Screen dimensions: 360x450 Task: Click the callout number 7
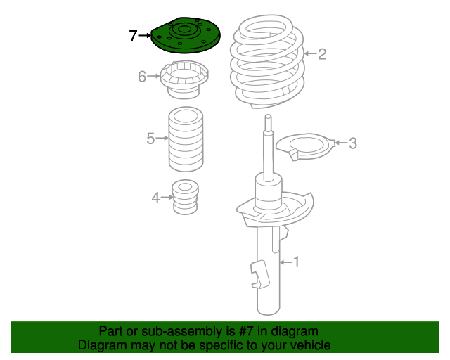coord(134,35)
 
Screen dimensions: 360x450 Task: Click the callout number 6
coord(142,76)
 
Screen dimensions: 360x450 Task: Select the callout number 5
coord(150,139)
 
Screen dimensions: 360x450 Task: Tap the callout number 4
coord(155,198)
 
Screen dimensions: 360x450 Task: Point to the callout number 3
coord(352,144)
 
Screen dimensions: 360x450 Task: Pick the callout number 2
coord(322,54)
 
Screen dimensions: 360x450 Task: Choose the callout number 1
coord(296,262)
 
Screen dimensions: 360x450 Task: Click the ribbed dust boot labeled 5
coord(186,141)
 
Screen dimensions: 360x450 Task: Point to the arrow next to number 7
coord(146,34)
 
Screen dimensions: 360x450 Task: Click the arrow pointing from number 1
coord(285,262)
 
